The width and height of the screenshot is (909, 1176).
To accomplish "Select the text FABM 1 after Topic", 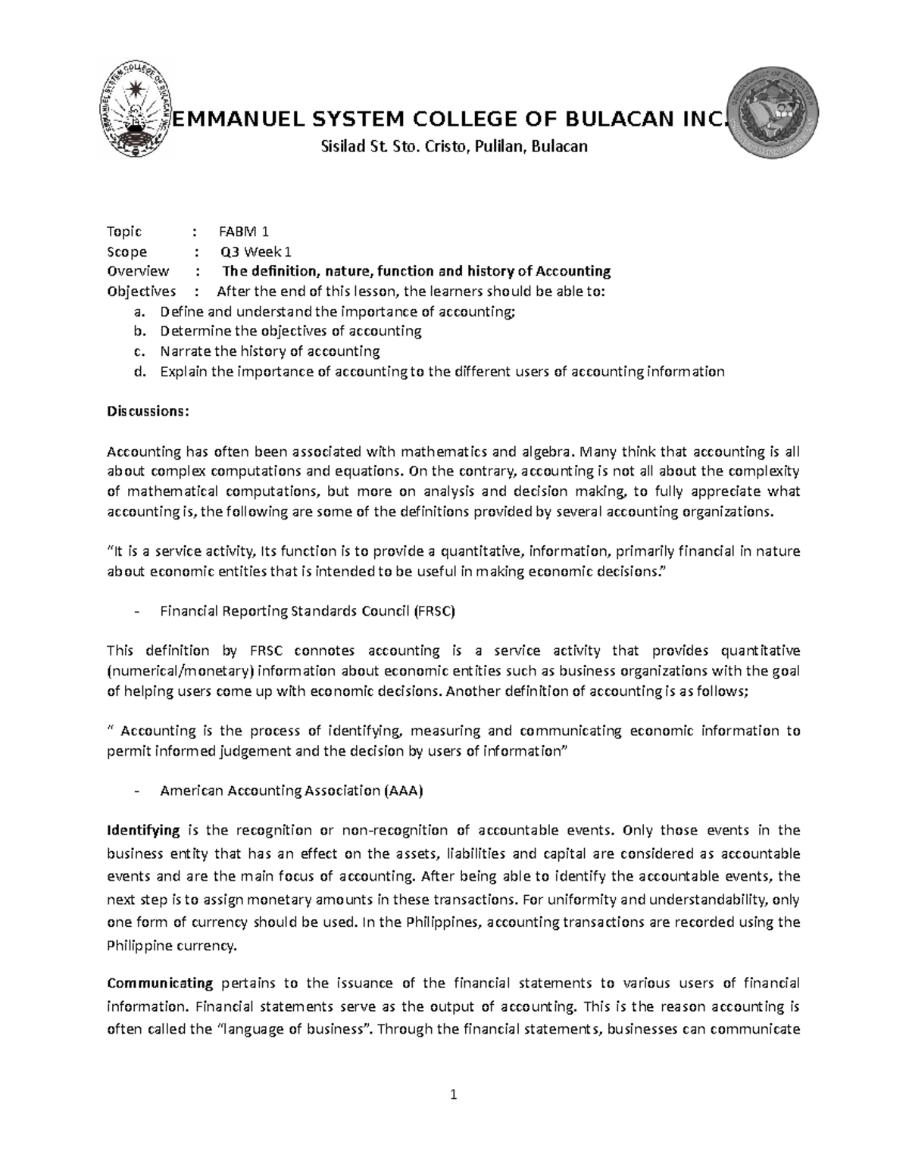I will click(x=244, y=232).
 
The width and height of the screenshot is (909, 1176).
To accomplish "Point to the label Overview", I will click(x=138, y=271).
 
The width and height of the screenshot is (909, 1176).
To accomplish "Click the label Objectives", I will click(x=141, y=292).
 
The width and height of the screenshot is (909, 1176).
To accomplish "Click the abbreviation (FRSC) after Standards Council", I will click(x=434, y=610).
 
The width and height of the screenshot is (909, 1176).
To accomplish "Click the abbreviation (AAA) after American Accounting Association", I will click(x=404, y=791).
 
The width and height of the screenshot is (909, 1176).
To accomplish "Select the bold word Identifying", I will click(x=143, y=830).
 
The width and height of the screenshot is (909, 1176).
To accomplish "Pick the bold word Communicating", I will click(x=160, y=984).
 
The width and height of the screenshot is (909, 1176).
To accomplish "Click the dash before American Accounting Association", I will click(x=136, y=791).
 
